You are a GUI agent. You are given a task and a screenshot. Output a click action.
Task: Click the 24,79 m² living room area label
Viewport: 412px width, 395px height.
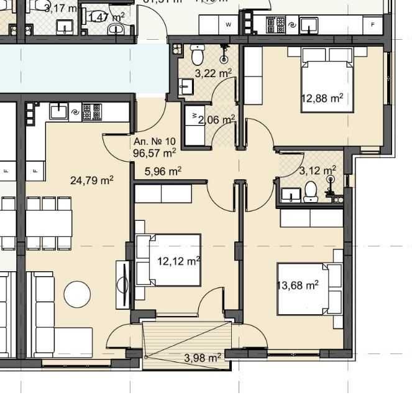(x=92, y=181)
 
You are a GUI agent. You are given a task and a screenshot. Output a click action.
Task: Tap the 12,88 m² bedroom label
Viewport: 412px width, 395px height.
(x=323, y=98)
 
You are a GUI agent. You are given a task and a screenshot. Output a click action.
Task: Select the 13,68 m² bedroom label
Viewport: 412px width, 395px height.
(x=298, y=285)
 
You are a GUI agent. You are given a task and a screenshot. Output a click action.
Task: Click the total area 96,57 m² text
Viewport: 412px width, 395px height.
(x=155, y=151)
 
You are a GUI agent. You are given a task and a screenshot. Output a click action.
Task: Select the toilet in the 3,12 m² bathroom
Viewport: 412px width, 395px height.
(x=310, y=192)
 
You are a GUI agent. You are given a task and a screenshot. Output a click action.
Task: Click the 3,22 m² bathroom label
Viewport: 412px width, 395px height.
(x=213, y=73)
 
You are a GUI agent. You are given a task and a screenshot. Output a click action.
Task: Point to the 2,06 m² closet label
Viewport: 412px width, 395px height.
(x=217, y=119)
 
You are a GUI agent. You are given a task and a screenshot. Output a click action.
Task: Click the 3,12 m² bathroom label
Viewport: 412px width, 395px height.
(x=318, y=169)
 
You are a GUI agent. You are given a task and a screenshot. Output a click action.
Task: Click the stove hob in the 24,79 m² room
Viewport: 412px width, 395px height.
(x=91, y=112)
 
